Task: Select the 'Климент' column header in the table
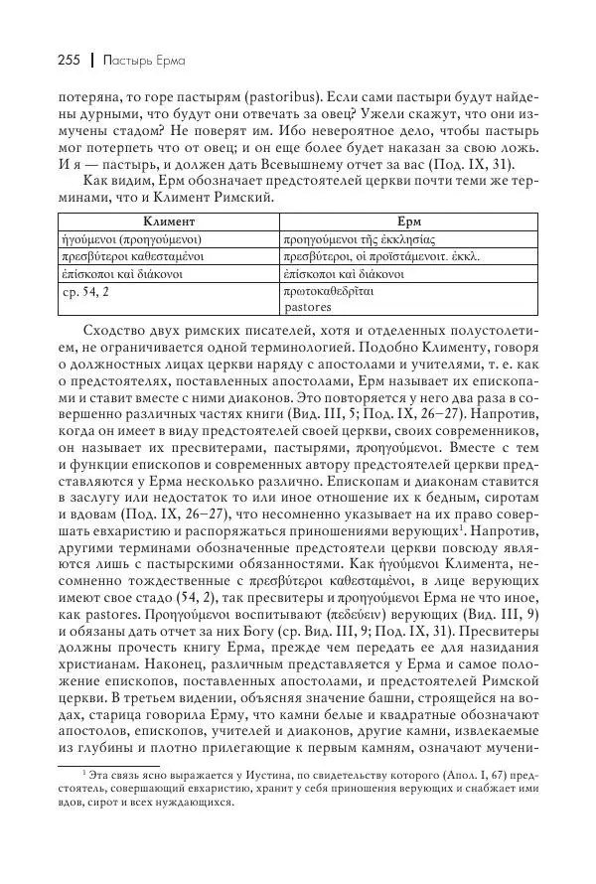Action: point(168,221)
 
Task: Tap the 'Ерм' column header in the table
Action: point(406,221)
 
